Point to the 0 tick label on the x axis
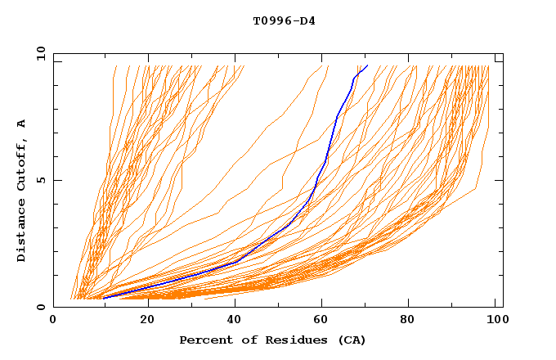(x=53, y=320)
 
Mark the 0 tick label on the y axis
(x=40, y=308)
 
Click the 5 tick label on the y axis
(x=40, y=180)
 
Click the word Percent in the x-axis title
(x=204, y=340)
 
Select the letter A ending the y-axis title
(x=21, y=124)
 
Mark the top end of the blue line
(x=367, y=65)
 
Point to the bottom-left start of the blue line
(x=103, y=298)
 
